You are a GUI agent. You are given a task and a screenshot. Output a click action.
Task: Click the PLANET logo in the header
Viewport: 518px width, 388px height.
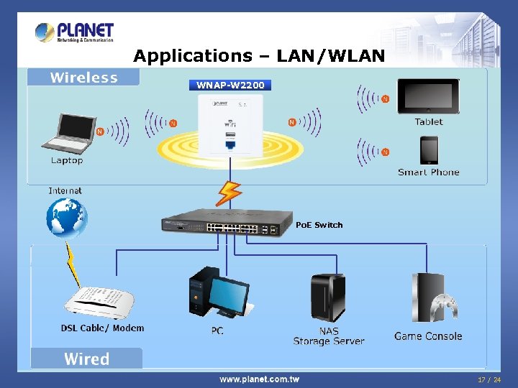click(75, 32)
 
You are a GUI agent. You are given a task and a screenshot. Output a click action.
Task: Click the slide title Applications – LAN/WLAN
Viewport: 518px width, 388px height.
click(259, 55)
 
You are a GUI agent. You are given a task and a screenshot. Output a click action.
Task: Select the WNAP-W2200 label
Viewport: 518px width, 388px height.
click(230, 85)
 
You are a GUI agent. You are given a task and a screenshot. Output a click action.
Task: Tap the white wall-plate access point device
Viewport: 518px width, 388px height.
click(230, 126)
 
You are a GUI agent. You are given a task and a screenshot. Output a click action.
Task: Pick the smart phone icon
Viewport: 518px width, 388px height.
click(429, 149)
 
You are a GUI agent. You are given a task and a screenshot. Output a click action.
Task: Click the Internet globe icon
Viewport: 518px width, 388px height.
click(66, 217)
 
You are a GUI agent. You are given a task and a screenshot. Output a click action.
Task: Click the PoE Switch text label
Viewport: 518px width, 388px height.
click(319, 225)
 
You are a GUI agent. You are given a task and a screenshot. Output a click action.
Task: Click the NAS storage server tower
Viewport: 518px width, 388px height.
click(327, 297)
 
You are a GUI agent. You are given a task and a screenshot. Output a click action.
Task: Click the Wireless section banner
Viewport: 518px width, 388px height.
click(83, 78)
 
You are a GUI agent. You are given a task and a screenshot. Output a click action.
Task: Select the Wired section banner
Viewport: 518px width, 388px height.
click(86, 359)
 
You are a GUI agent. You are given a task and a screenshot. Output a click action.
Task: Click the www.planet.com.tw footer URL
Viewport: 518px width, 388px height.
click(259, 379)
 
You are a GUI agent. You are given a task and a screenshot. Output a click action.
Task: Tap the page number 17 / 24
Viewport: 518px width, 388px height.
click(489, 379)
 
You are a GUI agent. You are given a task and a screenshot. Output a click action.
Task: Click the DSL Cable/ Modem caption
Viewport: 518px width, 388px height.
click(102, 328)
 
